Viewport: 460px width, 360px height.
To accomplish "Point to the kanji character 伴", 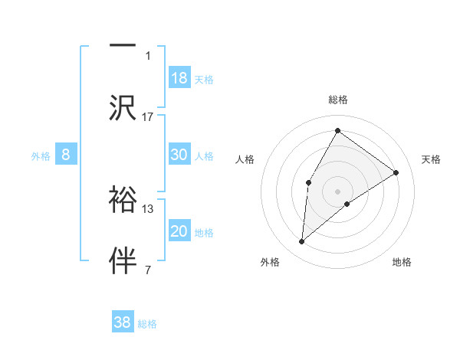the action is coord(123,259).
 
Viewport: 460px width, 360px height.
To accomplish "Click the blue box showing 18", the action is coord(179,78).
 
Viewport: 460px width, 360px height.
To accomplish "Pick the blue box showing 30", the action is coord(179,155).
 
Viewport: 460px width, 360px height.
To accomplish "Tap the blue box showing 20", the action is coord(179,231).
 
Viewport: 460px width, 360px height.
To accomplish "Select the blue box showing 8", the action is coord(66,155).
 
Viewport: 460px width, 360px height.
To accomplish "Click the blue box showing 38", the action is coord(123,322).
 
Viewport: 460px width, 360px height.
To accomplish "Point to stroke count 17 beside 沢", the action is coord(148,116).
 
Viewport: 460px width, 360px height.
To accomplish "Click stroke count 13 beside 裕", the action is coord(148,208).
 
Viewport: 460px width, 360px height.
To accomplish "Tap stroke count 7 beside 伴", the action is coord(148,270).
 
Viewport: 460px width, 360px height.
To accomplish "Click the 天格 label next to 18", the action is coord(204,80).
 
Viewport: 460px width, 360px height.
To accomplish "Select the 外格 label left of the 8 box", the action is coord(41,156).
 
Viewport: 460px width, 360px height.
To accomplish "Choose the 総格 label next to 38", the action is coord(147,324).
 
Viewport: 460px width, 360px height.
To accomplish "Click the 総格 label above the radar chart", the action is coord(337,100).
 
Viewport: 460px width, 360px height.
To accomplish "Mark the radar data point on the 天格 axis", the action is coord(396,172).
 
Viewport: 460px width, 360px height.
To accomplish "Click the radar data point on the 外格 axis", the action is coord(302,242).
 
